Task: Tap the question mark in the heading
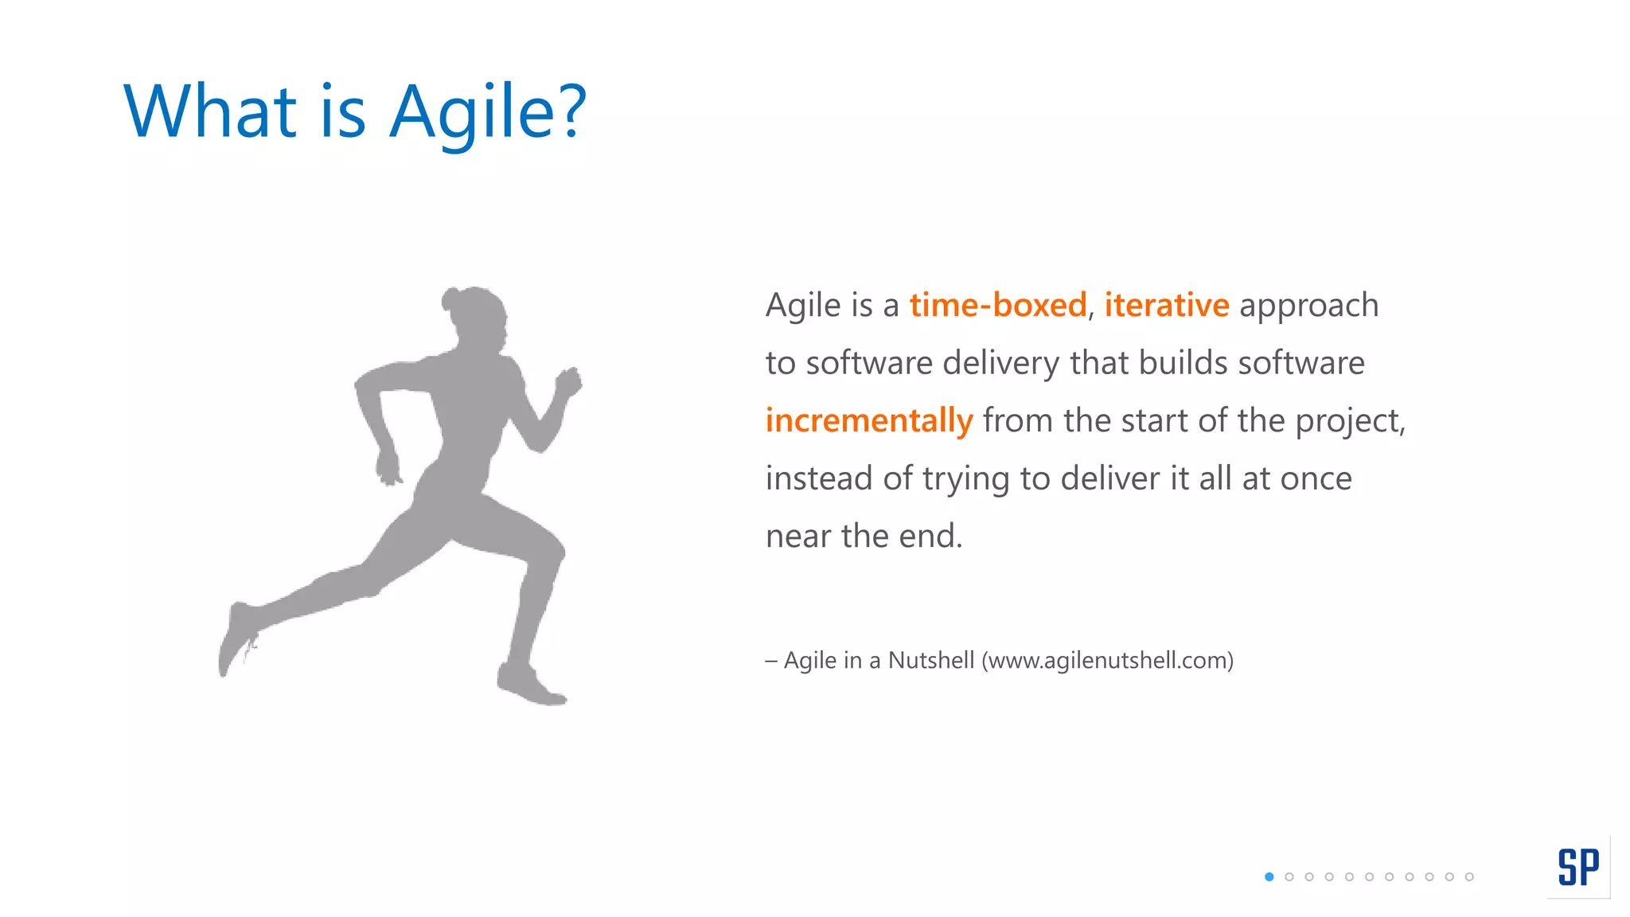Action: click(x=571, y=111)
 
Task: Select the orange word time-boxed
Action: click(x=998, y=306)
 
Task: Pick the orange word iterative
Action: click(x=1167, y=306)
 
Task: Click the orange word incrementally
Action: click(x=869, y=421)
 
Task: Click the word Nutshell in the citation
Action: click(x=931, y=661)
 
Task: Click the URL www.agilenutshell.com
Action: click(x=1107, y=661)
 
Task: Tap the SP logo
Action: click(x=1578, y=867)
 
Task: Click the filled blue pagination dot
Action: click(x=1269, y=877)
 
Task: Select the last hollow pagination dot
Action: click(x=1469, y=877)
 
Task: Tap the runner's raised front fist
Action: click(x=570, y=383)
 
